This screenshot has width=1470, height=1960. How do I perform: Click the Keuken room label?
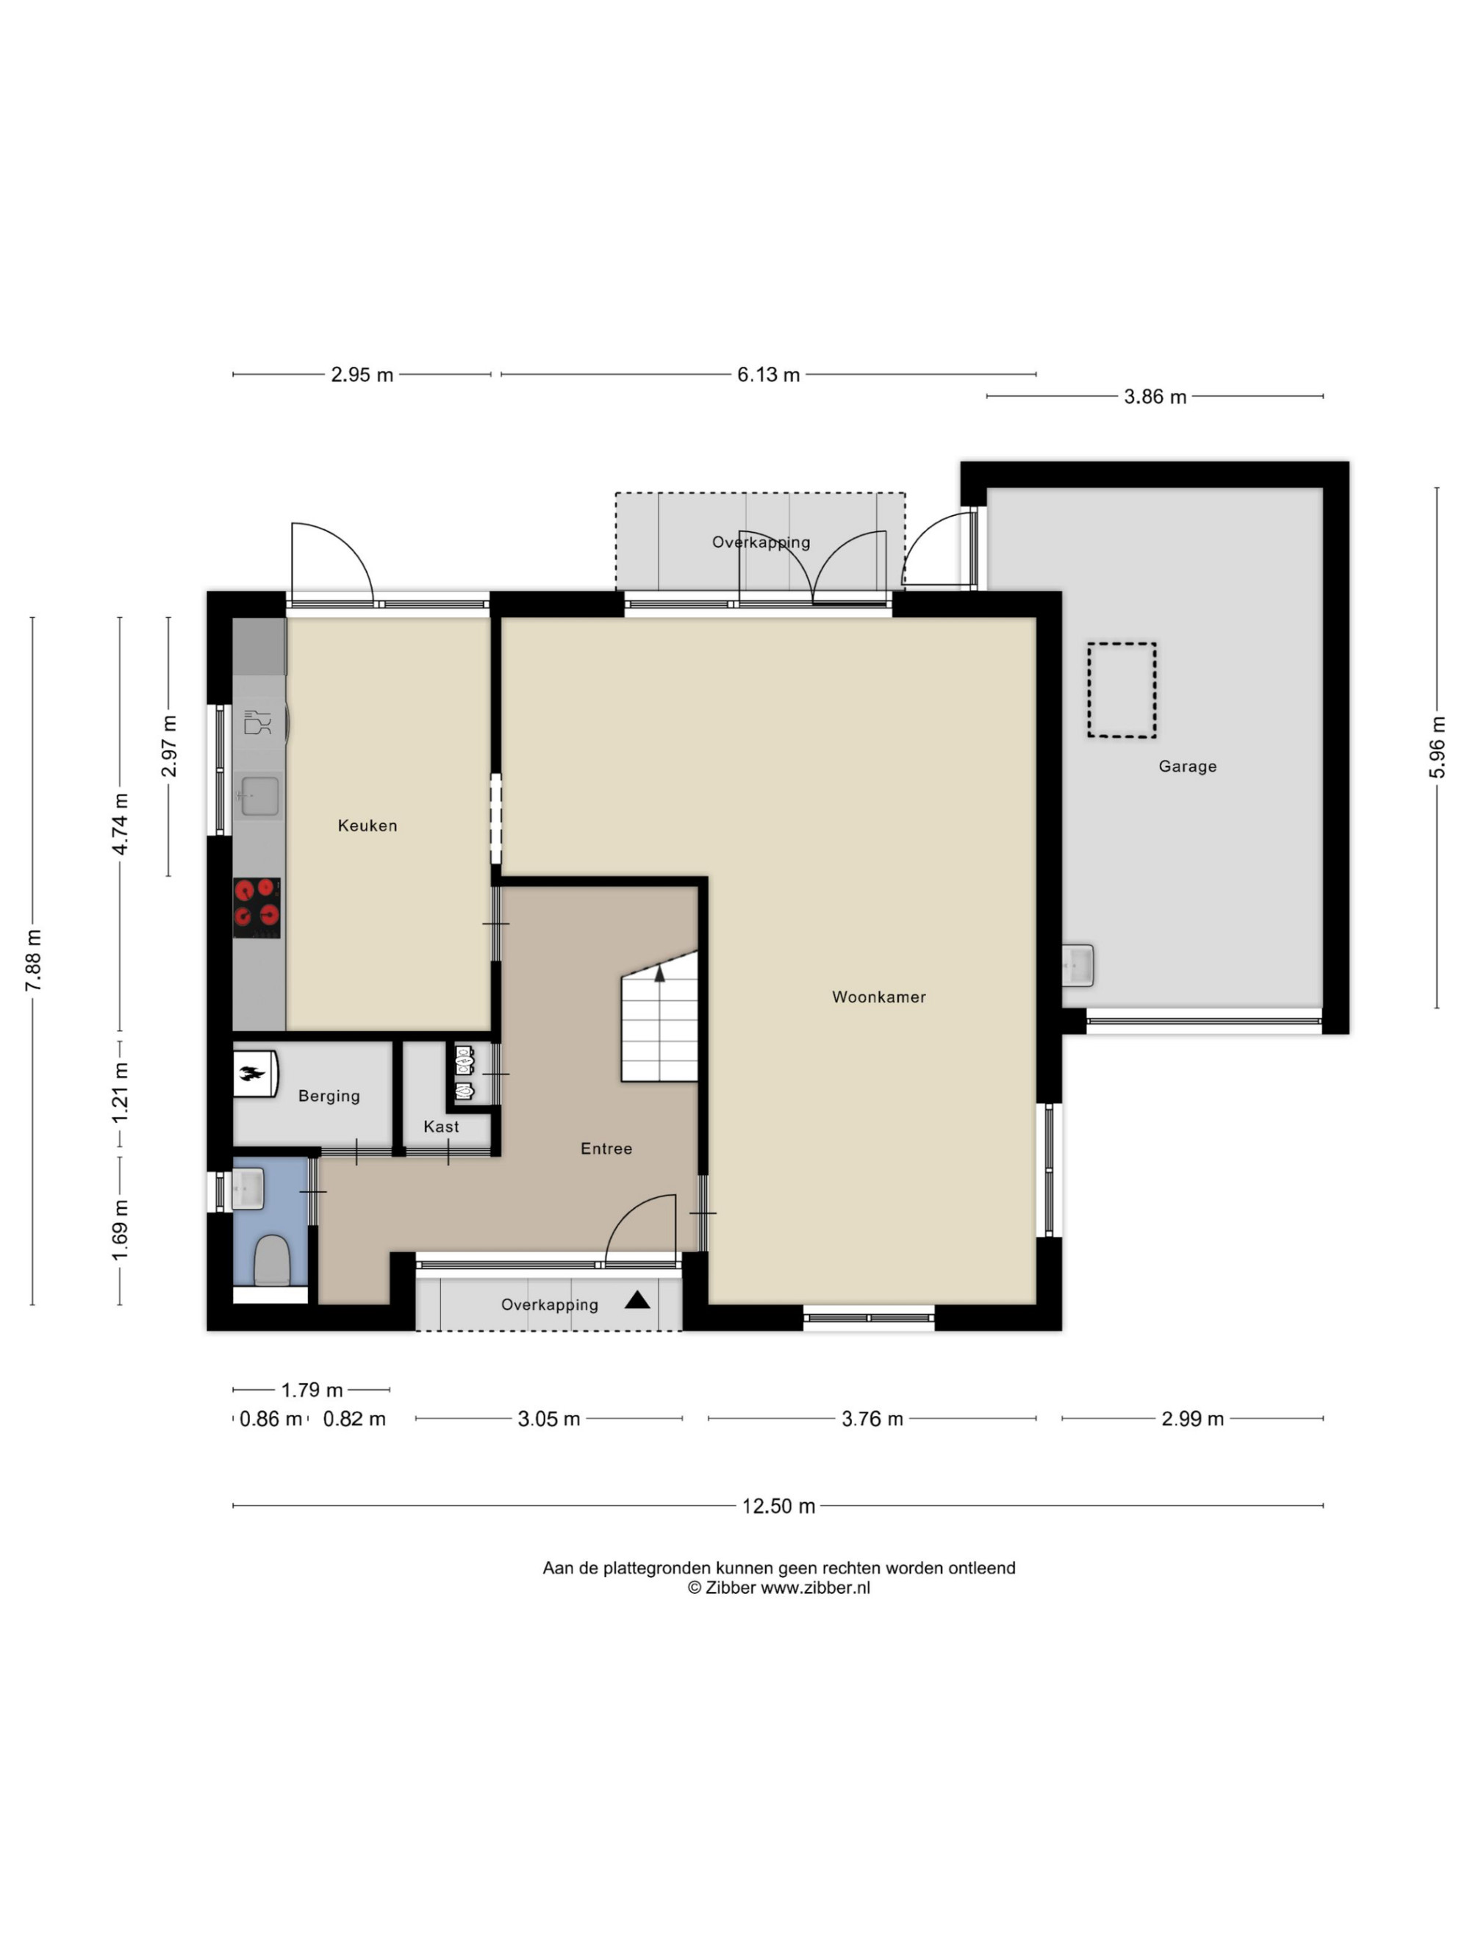coord(367,825)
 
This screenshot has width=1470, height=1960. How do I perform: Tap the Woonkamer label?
coord(878,997)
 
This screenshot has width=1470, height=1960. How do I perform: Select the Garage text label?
coord(1187,767)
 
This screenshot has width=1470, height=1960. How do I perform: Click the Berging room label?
coord(329,1096)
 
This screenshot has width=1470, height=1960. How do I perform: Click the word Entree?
coord(606,1149)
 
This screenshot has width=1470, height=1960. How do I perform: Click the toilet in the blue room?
coord(272,1261)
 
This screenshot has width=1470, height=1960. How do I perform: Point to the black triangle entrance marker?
coord(637,1301)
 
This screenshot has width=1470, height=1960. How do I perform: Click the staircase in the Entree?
coord(659,1016)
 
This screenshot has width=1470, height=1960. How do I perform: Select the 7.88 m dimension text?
coord(33,961)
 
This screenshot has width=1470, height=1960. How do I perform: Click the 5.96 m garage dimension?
coord(1437,747)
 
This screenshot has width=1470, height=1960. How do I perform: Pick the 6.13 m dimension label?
coord(768,375)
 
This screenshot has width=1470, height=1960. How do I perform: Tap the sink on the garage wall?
coord(1078,965)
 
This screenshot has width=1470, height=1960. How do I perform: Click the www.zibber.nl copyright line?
coord(779,1588)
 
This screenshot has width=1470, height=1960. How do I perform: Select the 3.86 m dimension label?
coord(1155,397)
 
